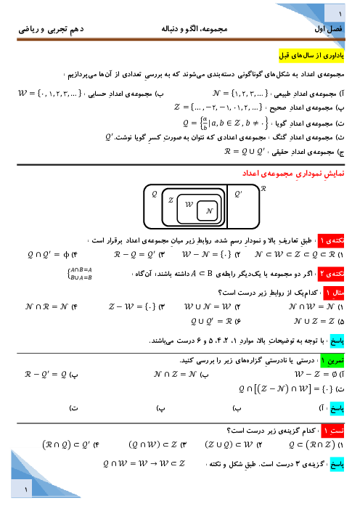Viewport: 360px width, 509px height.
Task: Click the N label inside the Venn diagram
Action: [x=209, y=211]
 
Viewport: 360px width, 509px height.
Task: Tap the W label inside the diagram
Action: [x=189, y=204]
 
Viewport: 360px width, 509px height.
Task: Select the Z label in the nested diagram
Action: [x=171, y=200]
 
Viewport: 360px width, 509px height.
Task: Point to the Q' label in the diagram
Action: [x=238, y=194]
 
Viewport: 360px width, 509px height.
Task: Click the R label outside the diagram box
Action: [x=263, y=188]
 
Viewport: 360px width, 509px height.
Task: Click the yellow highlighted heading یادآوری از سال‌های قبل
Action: [x=311, y=55]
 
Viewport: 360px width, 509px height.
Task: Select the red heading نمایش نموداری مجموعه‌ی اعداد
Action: [x=293, y=174]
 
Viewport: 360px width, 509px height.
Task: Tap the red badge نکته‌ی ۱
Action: [x=331, y=240]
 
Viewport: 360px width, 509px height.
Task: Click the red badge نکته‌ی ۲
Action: [x=331, y=274]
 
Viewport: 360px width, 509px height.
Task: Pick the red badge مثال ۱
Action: [x=334, y=293]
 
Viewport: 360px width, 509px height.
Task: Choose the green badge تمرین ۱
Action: [x=332, y=360]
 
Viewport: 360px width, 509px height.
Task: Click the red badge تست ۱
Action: [x=332, y=431]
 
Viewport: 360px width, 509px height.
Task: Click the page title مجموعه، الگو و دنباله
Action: [x=195, y=29]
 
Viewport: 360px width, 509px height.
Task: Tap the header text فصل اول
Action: [x=328, y=29]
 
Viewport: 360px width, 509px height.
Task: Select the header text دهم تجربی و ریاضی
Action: [x=51, y=29]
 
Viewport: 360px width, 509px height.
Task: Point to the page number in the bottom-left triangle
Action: [x=26, y=489]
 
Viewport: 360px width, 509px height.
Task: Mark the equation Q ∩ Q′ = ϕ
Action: [x=49, y=255]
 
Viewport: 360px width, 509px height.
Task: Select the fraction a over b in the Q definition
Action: [x=205, y=124]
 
